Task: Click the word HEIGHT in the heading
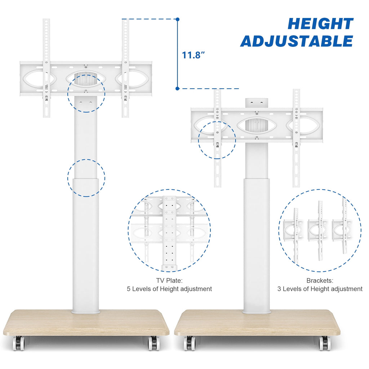320,24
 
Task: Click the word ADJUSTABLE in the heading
297,41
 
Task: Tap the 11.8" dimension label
194,55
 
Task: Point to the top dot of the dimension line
178,19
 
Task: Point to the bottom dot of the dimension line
177,89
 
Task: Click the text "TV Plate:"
169,280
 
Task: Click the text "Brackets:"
320,280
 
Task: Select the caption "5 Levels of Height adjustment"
169,289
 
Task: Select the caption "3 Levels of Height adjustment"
320,289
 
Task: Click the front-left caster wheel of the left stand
18,343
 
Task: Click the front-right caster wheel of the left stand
154,343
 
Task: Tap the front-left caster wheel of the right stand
190,343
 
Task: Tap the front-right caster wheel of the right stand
325,343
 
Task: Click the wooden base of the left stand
86,323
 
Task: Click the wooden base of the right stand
257,323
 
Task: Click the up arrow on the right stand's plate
257,125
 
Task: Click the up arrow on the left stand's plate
86,78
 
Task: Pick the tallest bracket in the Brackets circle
344,226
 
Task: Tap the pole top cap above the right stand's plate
257,103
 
